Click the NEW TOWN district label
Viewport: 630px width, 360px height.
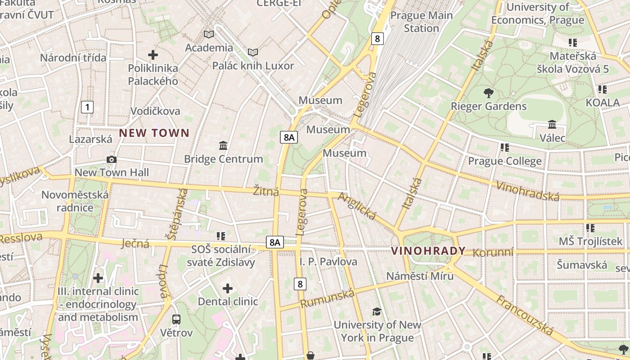154,133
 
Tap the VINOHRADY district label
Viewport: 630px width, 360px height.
428,251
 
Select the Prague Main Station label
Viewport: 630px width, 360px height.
421,22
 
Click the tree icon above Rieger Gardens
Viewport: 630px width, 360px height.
488,93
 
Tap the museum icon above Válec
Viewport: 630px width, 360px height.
552,124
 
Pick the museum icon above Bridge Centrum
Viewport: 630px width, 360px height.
223,145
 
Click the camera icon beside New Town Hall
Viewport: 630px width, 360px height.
112,159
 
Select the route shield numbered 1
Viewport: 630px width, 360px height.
87,107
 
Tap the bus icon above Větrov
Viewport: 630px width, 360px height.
176,319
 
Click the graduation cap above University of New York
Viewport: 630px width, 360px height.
377,311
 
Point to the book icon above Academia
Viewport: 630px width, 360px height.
209,34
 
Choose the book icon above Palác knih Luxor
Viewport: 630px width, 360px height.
253,53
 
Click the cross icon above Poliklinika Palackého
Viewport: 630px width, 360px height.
153,55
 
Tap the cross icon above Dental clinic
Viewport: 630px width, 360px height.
228,288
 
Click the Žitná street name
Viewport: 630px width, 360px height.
266,192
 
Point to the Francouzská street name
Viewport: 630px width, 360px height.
525,315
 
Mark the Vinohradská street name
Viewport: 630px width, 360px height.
528,191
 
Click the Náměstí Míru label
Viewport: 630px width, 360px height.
420,276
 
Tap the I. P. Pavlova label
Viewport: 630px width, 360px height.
328,261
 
